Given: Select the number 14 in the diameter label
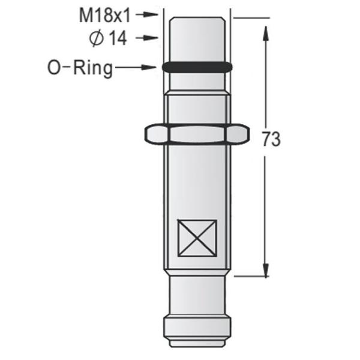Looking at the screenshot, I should [x=118, y=38].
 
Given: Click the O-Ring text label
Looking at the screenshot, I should [x=80, y=68].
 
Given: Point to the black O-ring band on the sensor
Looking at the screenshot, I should [x=197, y=67].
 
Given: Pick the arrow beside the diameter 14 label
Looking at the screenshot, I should [x=146, y=38].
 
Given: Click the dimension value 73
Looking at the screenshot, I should [x=271, y=139].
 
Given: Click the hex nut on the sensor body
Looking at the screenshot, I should [x=197, y=133].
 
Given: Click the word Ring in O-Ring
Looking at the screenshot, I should [x=91, y=68].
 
